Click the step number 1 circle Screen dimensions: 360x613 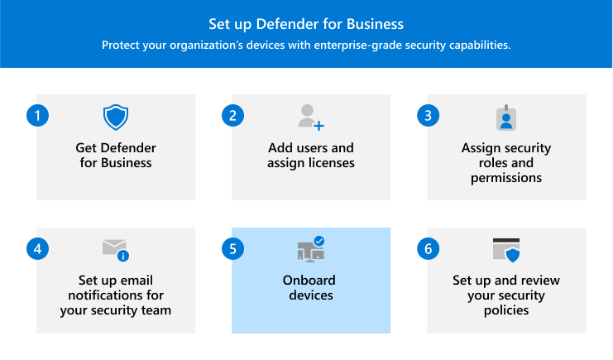point(36,115)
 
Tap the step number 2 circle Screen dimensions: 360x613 point(232,115)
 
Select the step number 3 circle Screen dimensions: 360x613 point(428,115)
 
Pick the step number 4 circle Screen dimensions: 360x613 point(36,248)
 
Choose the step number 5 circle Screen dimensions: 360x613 point(232,248)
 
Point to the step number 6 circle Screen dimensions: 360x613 point(428,248)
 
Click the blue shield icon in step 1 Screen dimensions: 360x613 point(116,118)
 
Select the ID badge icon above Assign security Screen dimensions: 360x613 point(505,118)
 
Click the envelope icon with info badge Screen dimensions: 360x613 point(116,249)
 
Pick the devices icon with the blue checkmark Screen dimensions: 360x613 point(311,249)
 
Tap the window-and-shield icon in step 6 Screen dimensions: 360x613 point(505,250)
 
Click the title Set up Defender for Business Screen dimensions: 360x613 point(306,23)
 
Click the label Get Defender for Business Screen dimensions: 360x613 point(116,156)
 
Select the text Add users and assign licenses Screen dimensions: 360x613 point(311,156)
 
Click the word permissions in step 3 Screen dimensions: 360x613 point(505,177)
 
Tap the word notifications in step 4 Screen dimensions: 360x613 point(116,295)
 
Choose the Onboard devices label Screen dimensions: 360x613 point(311,288)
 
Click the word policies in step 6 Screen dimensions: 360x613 point(505,310)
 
